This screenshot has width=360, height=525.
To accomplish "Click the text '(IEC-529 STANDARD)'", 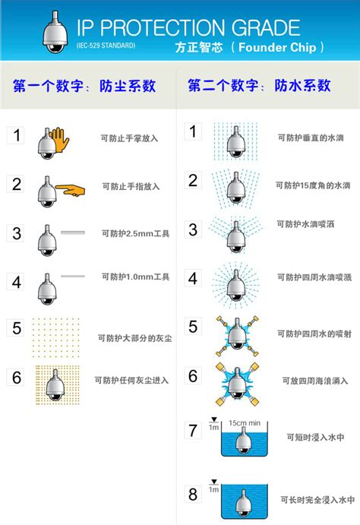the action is (x=106, y=45).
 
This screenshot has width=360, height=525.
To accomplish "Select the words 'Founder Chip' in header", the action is (x=277, y=47).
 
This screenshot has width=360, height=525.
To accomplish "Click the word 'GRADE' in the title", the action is (x=266, y=27).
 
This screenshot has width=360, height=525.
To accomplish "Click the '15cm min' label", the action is (x=245, y=423).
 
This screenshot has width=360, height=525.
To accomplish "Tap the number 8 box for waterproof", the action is (x=193, y=494).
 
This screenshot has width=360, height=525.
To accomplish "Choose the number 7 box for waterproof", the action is (x=193, y=430).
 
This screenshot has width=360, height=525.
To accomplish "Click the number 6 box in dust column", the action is (x=15, y=378).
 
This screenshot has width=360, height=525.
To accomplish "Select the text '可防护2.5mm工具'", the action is (x=135, y=233).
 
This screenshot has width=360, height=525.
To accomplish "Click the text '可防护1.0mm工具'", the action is (x=135, y=277).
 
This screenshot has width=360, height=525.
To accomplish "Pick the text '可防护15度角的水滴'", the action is (x=313, y=185).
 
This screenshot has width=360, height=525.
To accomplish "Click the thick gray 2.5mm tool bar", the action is (x=73, y=232).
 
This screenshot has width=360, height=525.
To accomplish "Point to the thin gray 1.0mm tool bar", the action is (x=73, y=277).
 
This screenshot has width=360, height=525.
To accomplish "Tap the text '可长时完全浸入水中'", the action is (x=317, y=500).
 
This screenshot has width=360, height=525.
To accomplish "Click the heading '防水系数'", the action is (x=302, y=86).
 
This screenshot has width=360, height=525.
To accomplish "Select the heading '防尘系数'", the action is (x=128, y=86).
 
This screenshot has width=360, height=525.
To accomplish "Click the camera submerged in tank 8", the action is (x=243, y=503).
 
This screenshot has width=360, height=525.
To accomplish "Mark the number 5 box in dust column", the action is (x=15, y=327).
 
